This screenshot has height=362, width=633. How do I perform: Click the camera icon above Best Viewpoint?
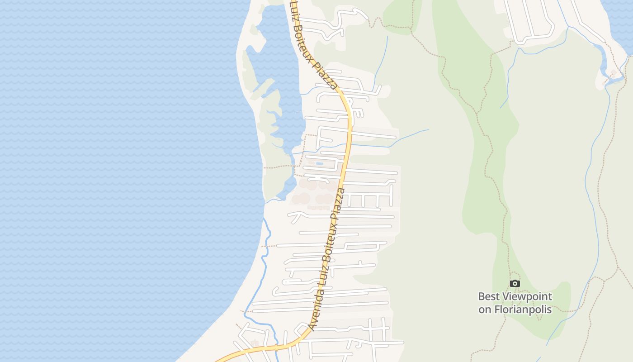[515, 284]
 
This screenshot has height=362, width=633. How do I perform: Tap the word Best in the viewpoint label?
[490, 297]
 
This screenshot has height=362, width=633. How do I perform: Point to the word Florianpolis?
[523, 310]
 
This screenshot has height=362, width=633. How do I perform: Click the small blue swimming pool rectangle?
[320, 163]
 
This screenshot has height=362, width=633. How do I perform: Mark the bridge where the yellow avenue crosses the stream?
[348, 146]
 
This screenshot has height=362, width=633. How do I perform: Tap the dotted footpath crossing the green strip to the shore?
[278, 167]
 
